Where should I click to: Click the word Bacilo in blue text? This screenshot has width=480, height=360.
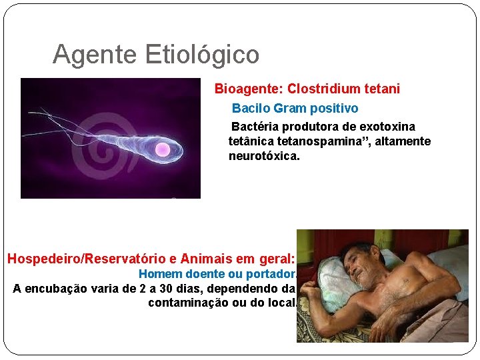251,108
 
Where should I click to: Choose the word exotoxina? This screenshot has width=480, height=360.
387,127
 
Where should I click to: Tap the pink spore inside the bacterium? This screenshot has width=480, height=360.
162,149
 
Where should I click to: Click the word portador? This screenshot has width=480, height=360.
270,274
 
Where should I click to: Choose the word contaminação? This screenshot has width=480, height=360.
189,303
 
